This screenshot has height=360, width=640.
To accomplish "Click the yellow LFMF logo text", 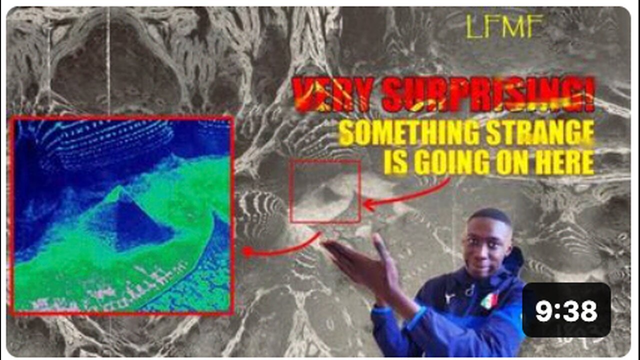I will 504,26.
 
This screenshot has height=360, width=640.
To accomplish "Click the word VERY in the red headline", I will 330,95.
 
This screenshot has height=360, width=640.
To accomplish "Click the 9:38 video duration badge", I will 566,310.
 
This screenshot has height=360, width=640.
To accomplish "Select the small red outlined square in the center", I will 325,191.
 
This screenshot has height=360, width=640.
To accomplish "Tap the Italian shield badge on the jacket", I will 488,300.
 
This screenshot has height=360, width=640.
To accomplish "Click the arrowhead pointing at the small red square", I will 367,204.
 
